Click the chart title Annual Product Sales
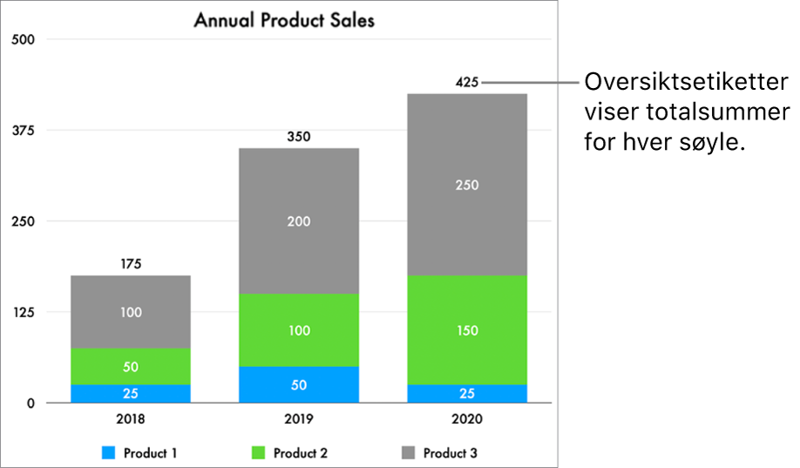click(x=284, y=19)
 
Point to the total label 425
click(x=467, y=83)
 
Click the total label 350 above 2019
click(x=299, y=137)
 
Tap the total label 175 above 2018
click(x=131, y=263)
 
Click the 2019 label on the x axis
click(x=299, y=418)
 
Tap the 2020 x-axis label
click(x=467, y=418)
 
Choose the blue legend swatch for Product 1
click(x=108, y=453)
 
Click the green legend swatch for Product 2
click(x=258, y=453)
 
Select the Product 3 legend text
click(x=450, y=453)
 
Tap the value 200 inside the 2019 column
click(x=299, y=221)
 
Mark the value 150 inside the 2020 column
click(x=467, y=330)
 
